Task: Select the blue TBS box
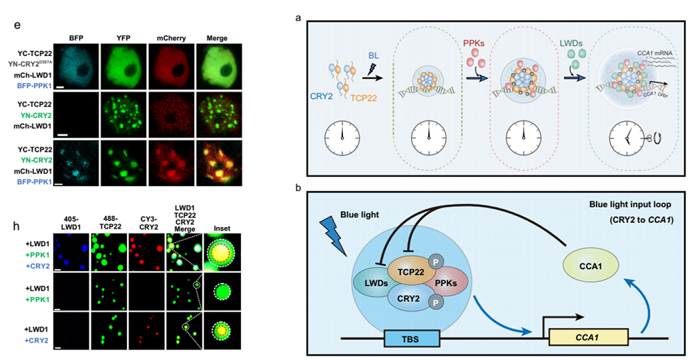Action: pos(411,339)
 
